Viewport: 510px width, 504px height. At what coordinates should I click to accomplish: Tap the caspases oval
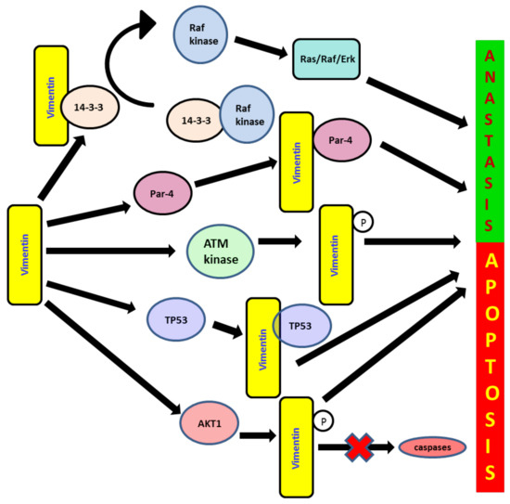tap(432, 447)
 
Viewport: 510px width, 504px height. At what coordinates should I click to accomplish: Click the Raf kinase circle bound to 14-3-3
tap(246, 119)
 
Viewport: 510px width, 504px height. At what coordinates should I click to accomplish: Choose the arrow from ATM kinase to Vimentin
tap(283, 242)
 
